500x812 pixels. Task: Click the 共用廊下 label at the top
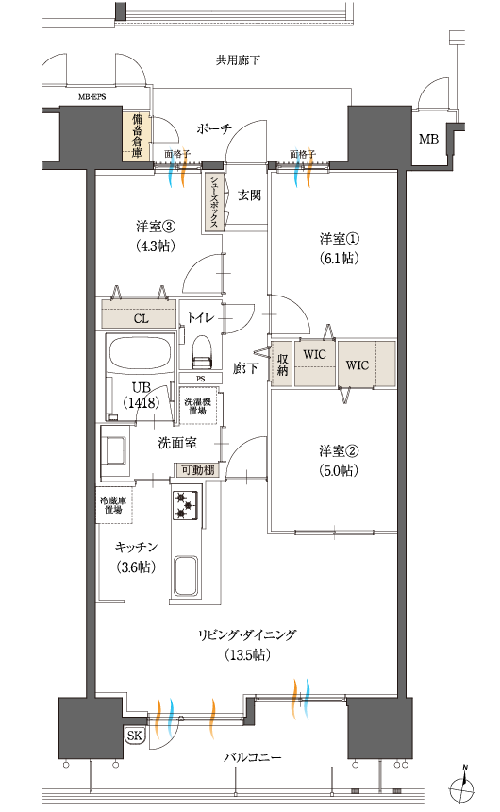[238, 60]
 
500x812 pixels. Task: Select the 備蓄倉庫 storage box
[137, 136]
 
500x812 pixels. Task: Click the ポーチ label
[213, 128]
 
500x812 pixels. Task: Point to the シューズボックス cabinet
[215, 202]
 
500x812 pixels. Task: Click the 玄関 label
[249, 195]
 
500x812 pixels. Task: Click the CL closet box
[140, 318]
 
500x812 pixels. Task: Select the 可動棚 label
[196, 470]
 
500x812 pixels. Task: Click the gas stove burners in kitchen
[185, 505]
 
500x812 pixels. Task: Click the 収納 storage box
[282, 363]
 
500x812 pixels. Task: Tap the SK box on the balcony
[134, 736]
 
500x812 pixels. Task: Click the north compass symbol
[462, 787]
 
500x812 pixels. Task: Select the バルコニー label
[252, 758]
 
